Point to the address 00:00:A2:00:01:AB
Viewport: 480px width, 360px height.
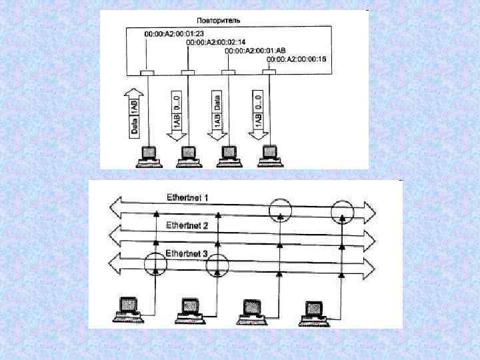click(256, 51)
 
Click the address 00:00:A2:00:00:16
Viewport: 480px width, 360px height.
click(296, 60)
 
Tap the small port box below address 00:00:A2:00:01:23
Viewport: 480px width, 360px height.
click(148, 72)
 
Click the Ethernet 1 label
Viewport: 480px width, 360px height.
click(187, 197)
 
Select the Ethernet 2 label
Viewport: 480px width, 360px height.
click(187, 226)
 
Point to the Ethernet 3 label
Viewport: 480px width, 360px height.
click(187, 253)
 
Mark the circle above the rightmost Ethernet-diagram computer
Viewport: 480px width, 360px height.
click(342, 211)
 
